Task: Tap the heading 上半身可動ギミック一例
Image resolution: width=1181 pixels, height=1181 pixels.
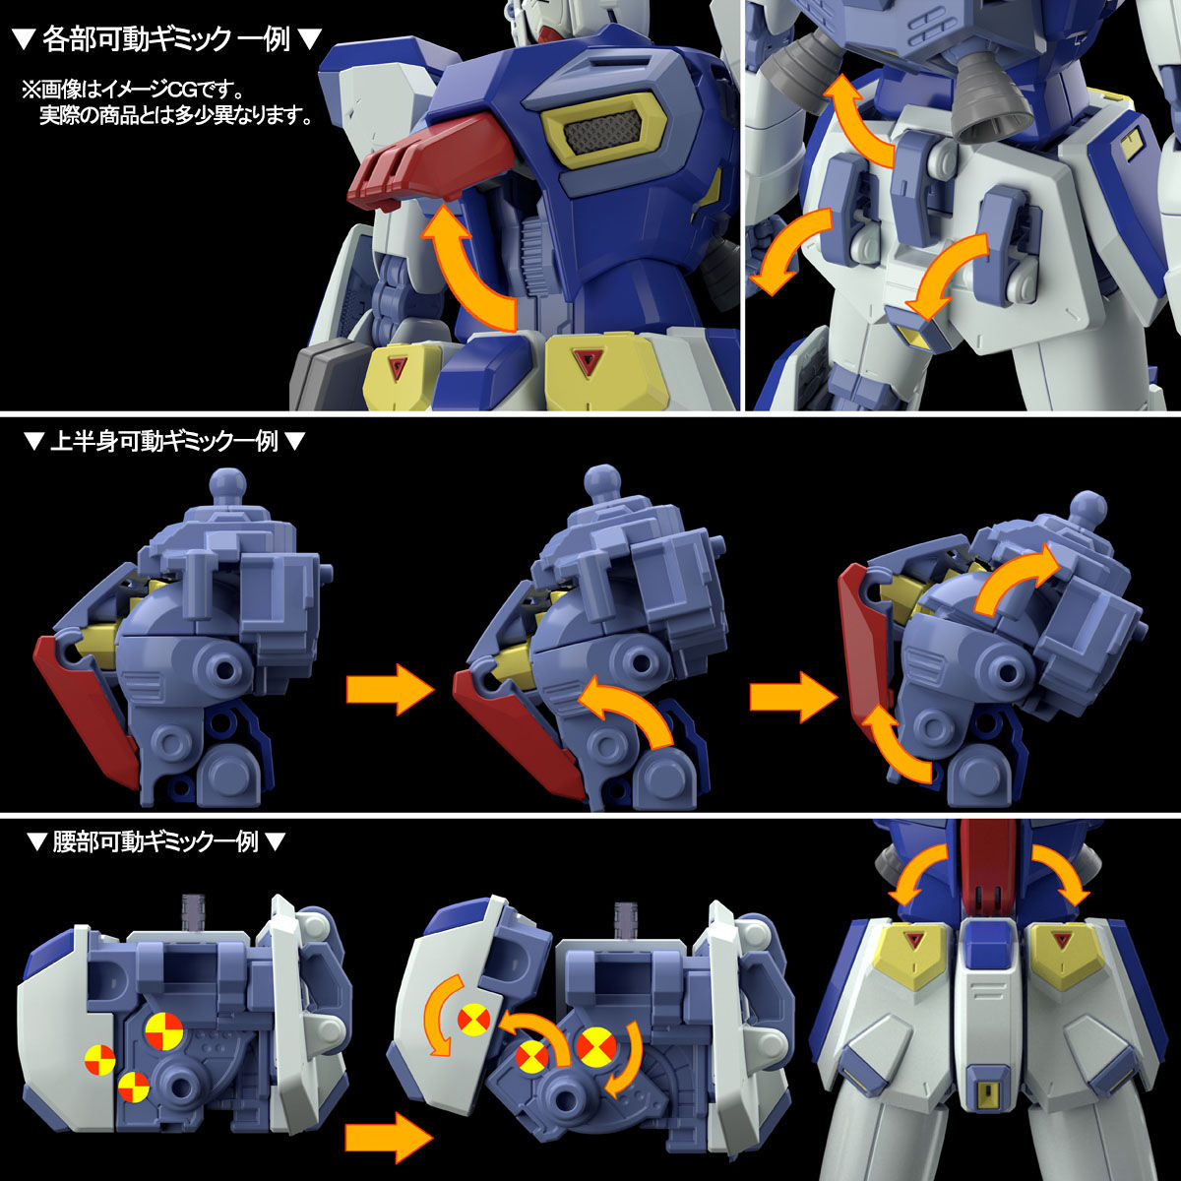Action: coord(163,442)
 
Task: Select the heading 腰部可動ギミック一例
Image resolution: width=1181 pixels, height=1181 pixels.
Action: coord(155,841)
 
